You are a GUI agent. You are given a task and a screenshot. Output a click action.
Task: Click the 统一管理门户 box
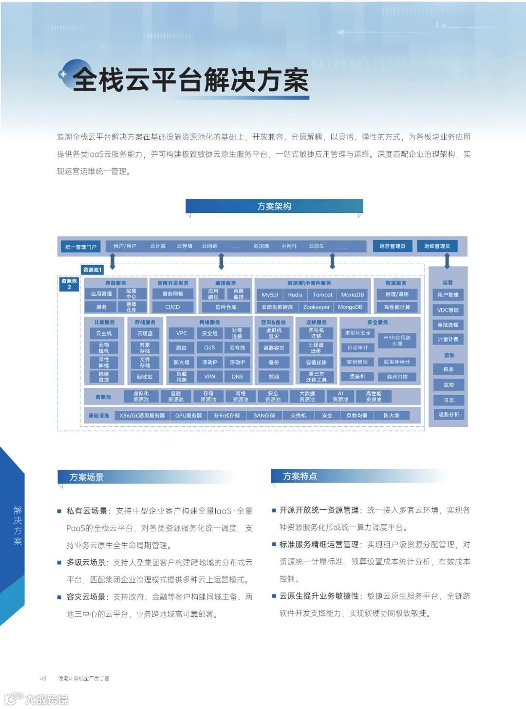click(81, 247)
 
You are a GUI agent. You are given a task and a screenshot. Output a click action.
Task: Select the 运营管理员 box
click(392, 246)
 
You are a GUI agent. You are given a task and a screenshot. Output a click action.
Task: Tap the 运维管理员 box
click(437, 246)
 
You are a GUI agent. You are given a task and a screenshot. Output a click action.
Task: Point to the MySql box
click(270, 295)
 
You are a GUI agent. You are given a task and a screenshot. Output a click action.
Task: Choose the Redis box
click(295, 295)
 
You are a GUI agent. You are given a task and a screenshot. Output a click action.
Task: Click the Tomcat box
click(322, 295)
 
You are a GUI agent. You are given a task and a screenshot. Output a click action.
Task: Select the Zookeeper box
click(316, 307)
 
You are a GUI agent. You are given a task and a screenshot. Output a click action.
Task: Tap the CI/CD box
click(172, 307)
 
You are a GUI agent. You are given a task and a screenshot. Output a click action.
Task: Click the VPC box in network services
click(182, 333)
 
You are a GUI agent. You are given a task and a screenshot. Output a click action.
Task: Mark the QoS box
click(209, 347)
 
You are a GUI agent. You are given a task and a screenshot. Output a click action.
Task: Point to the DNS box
click(237, 377)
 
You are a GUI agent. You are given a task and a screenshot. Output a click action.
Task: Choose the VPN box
click(209, 377)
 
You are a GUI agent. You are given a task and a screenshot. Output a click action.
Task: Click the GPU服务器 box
click(188, 416)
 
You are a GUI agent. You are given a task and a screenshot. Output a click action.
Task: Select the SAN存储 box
click(264, 416)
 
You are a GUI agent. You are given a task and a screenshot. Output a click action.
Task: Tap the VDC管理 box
click(448, 310)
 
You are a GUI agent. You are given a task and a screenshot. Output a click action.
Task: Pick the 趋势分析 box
click(449, 414)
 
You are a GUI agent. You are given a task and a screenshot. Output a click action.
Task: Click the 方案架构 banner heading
click(274, 206)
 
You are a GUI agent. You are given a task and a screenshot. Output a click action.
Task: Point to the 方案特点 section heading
click(300, 476)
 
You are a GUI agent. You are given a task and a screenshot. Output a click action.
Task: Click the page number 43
click(43, 678)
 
